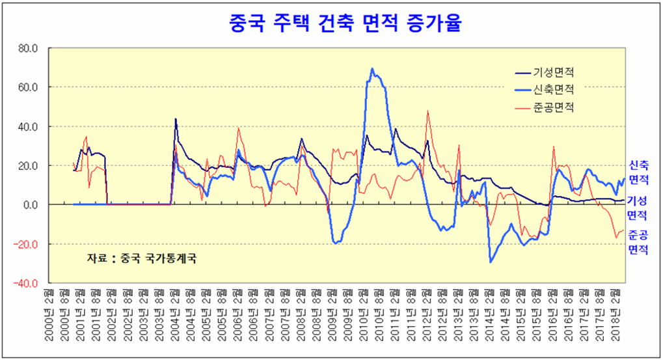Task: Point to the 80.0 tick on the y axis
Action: [29, 48]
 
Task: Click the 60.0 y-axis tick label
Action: [29, 87]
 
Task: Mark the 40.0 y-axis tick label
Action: [29, 126]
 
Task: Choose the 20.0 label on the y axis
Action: [29, 165]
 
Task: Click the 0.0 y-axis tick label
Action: [31, 204]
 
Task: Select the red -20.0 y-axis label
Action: [27, 244]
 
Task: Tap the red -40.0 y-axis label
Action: [27, 283]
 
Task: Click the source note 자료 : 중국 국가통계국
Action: [141, 258]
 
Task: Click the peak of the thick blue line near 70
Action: [372, 68]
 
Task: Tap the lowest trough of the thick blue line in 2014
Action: [491, 262]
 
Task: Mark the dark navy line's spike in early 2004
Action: [176, 119]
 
